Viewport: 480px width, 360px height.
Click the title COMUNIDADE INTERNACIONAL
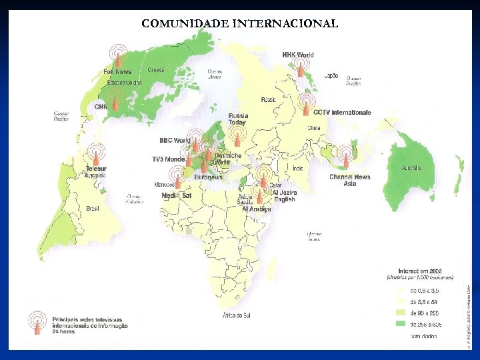pos(239,23)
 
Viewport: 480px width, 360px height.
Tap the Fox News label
pos(117,71)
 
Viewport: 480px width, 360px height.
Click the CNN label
pos(101,107)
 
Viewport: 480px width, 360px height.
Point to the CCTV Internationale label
pos(342,113)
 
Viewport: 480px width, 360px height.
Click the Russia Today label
pos(237,119)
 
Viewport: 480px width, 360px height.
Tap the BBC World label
pos(175,141)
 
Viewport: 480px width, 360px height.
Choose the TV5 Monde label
pos(168,159)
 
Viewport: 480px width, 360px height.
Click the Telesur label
pos(96,169)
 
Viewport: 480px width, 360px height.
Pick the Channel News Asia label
pos(349,180)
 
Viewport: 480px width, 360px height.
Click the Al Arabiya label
pos(257,209)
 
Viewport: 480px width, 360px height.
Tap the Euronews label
pos(208,177)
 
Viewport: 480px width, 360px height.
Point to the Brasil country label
pos(93,209)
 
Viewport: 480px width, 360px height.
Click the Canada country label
pos(155,69)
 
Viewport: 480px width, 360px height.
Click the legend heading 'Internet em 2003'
pos(419,271)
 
